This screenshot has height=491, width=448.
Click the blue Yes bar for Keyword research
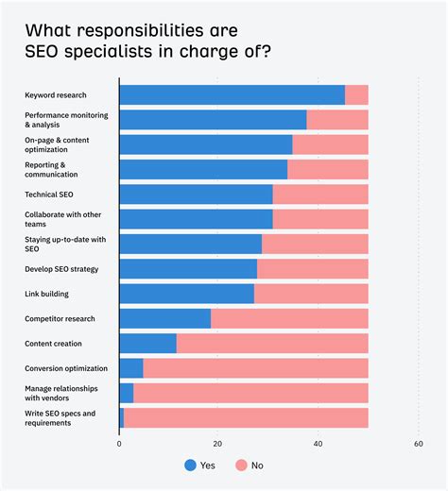[232, 94]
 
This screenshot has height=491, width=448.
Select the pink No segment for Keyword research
[356, 94]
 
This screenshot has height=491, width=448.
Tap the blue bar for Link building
[186, 294]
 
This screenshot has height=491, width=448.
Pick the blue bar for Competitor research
[164, 318]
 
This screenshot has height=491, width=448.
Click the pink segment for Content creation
[272, 343]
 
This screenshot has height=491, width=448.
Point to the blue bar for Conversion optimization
[131, 368]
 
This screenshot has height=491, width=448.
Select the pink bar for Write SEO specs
[246, 417]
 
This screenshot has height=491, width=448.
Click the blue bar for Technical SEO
[196, 195]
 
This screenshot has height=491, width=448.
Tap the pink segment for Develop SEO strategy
[312, 269]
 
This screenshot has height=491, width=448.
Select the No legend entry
[250, 466]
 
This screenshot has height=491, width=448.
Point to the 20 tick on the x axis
[218, 442]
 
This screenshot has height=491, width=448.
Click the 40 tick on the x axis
[318, 442]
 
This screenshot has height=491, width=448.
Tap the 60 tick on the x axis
[418, 442]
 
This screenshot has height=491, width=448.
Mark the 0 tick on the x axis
[119, 442]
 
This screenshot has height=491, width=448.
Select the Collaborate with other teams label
[62, 219]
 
